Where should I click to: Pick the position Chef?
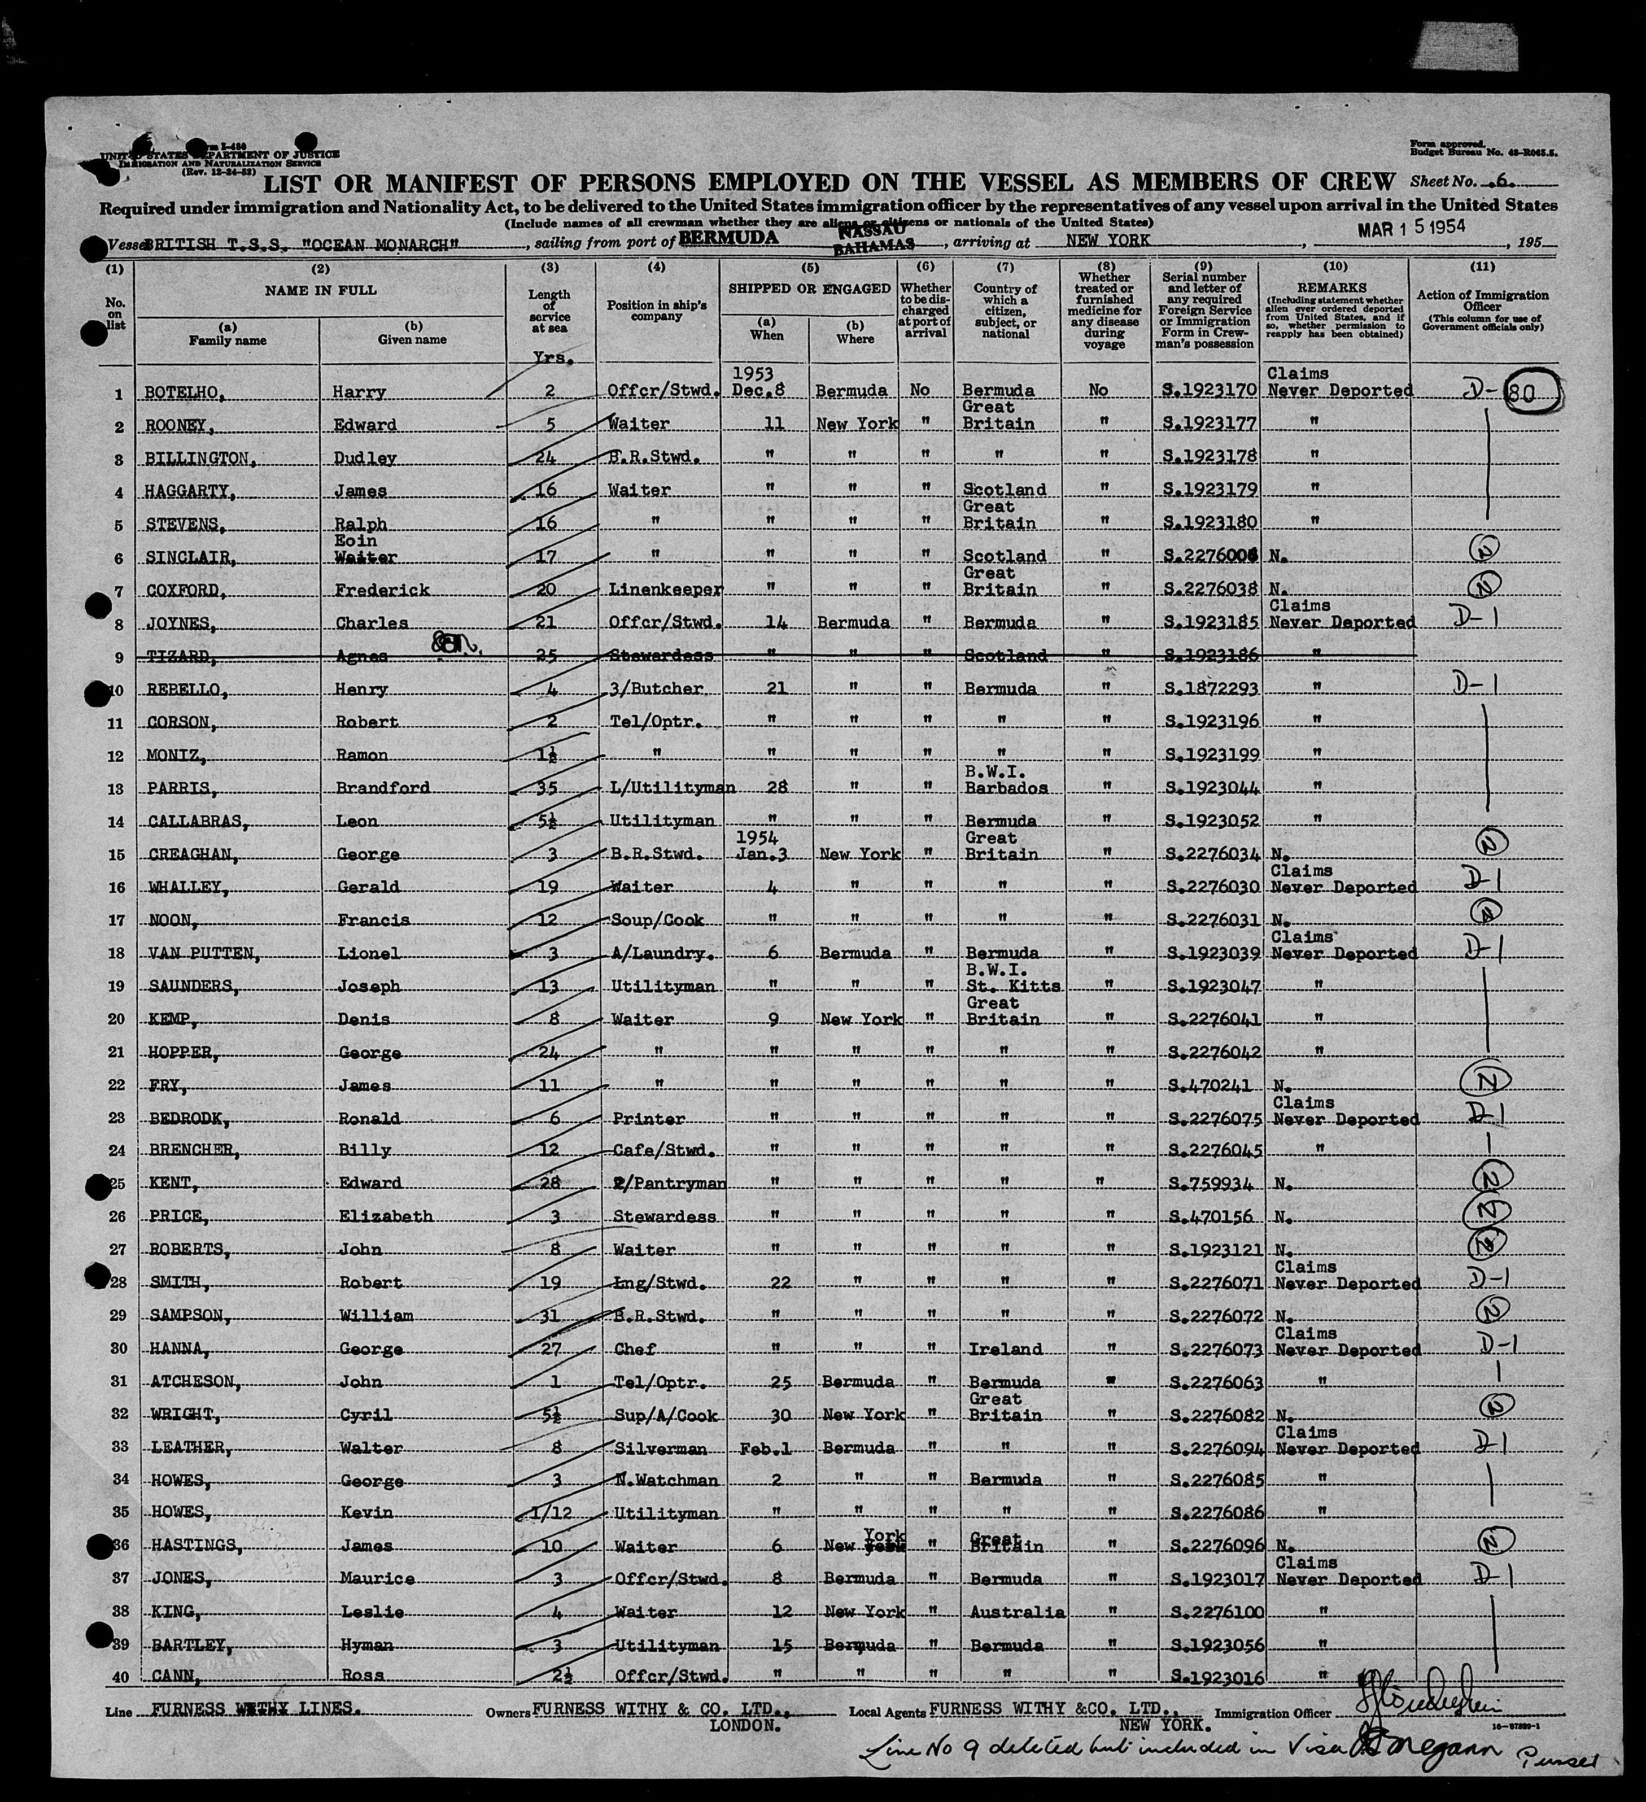(636, 1349)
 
